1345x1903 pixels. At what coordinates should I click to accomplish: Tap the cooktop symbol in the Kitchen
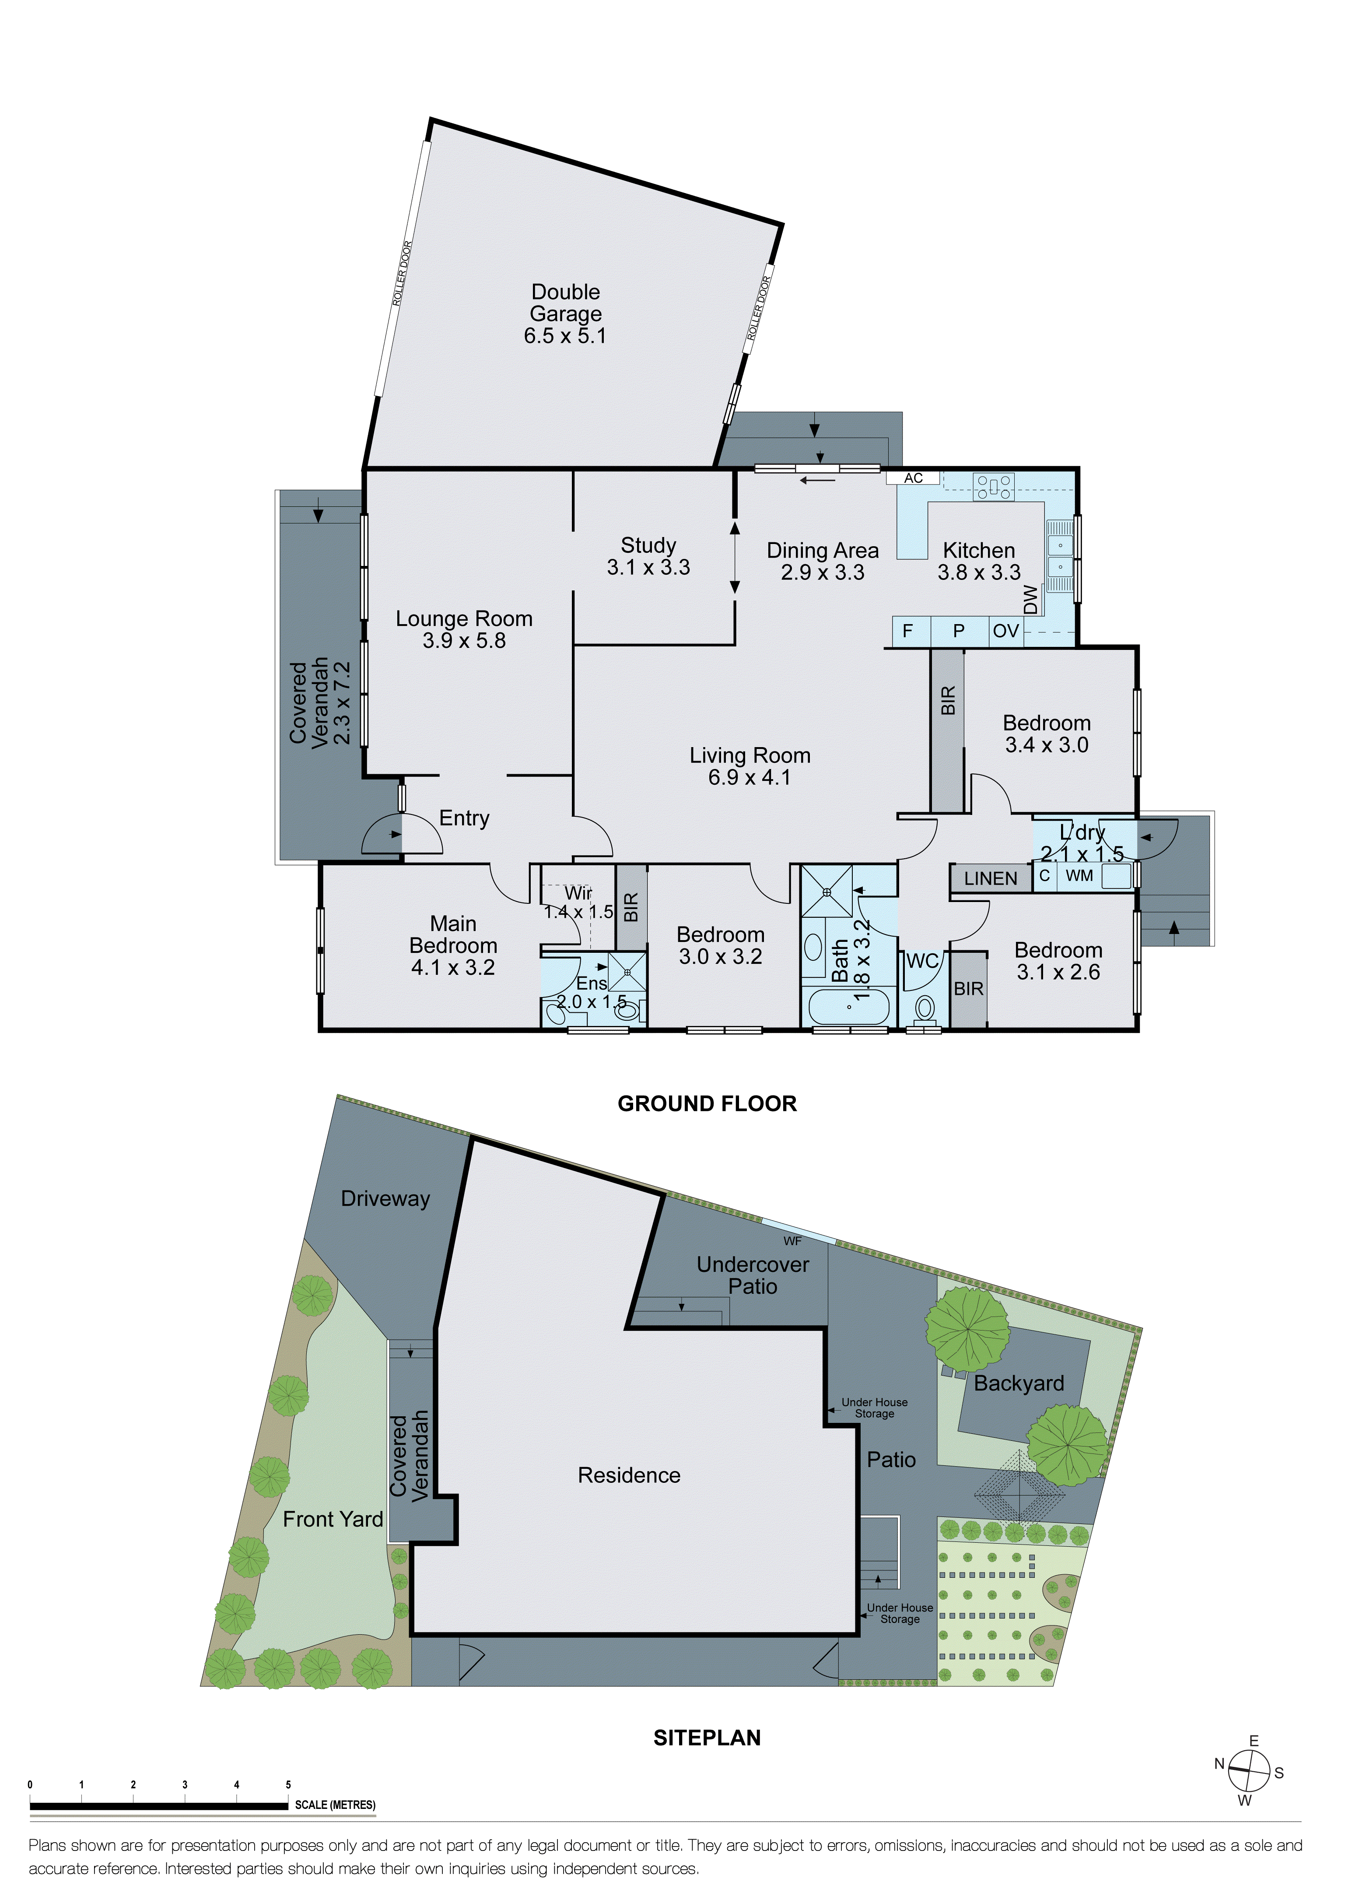click(x=993, y=487)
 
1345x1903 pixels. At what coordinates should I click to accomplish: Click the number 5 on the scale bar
click(x=288, y=1784)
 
